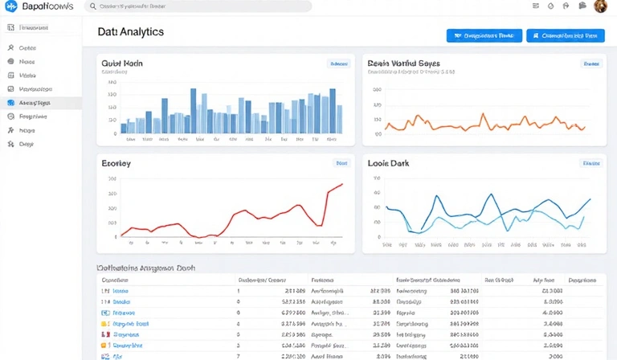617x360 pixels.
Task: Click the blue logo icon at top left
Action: click(11, 6)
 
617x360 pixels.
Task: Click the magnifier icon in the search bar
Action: click(93, 6)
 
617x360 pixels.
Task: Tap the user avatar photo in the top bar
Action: click(600, 6)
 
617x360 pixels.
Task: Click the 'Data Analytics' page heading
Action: click(130, 32)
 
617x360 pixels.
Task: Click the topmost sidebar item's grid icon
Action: click(11, 27)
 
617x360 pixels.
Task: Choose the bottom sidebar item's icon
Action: click(11, 144)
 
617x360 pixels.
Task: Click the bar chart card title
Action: click(122, 62)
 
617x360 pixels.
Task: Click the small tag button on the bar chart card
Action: click(339, 63)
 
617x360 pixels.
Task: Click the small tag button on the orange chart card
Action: click(591, 63)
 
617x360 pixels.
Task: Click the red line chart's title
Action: click(116, 163)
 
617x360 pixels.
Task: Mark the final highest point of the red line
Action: click(342, 184)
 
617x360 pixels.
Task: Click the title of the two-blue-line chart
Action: click(388, 163)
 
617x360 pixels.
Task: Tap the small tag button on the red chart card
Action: click(341, 163)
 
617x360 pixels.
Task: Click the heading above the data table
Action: click(146, 268)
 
